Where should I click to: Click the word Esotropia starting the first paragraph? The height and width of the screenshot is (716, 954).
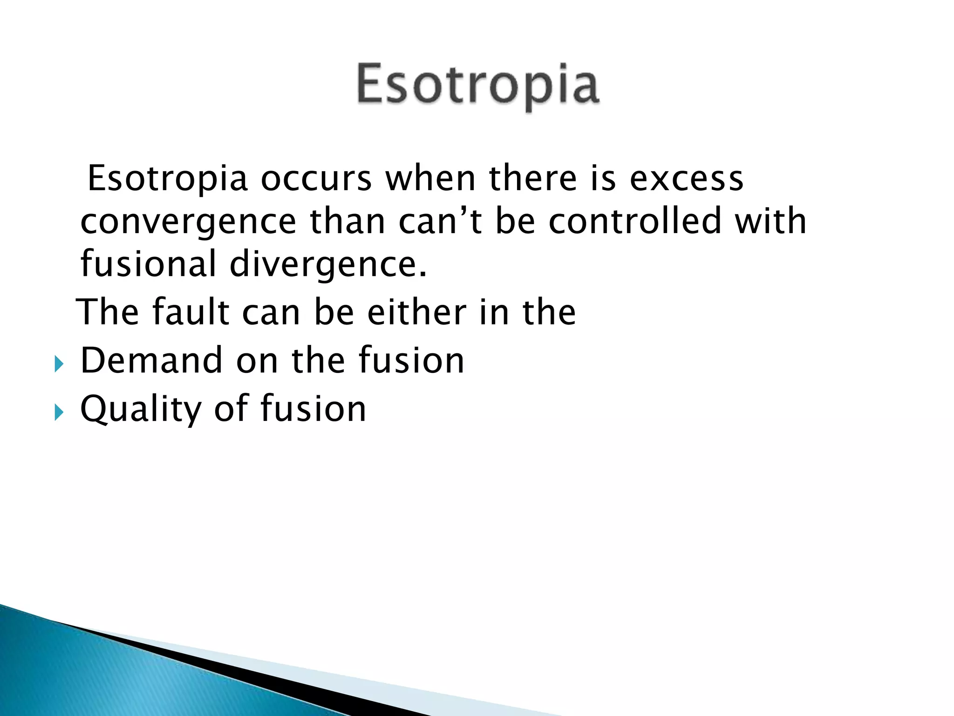(x=167, y=179)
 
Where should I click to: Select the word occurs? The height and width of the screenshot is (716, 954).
(x=316, y=179)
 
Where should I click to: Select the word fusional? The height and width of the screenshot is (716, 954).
(x=148, y=264)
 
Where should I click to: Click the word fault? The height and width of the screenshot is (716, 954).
(x=191, y=312)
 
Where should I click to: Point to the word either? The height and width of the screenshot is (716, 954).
(x=416, y=312)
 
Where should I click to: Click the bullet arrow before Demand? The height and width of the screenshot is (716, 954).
(x=58, y=364)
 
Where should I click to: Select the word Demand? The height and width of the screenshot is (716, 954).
(x=151, y=360)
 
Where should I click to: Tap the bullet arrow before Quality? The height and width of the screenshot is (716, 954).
(x=58, y=412)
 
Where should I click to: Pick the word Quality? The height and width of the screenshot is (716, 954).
(x=140, y=409)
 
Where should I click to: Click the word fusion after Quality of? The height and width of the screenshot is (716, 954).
(x=313, y=408)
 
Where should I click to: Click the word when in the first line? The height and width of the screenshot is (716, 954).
(x=430, y=179)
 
